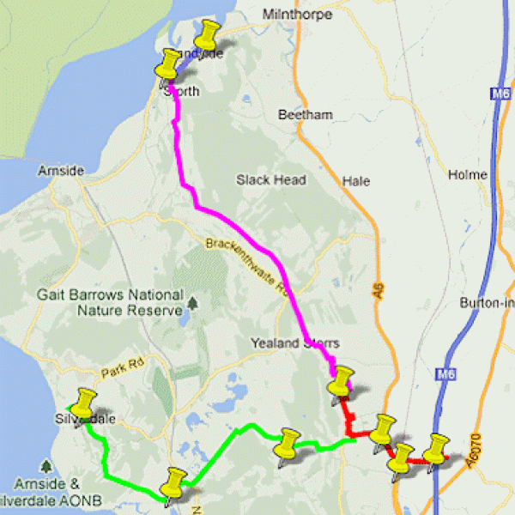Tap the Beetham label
pos(305,115)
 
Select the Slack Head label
pos(271,180)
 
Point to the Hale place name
pos(355,181)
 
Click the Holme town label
pos(468,175)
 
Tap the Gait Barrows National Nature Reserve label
pos(110,301)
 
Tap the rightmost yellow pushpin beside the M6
pos(437,448)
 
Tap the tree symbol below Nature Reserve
pos(194,302)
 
